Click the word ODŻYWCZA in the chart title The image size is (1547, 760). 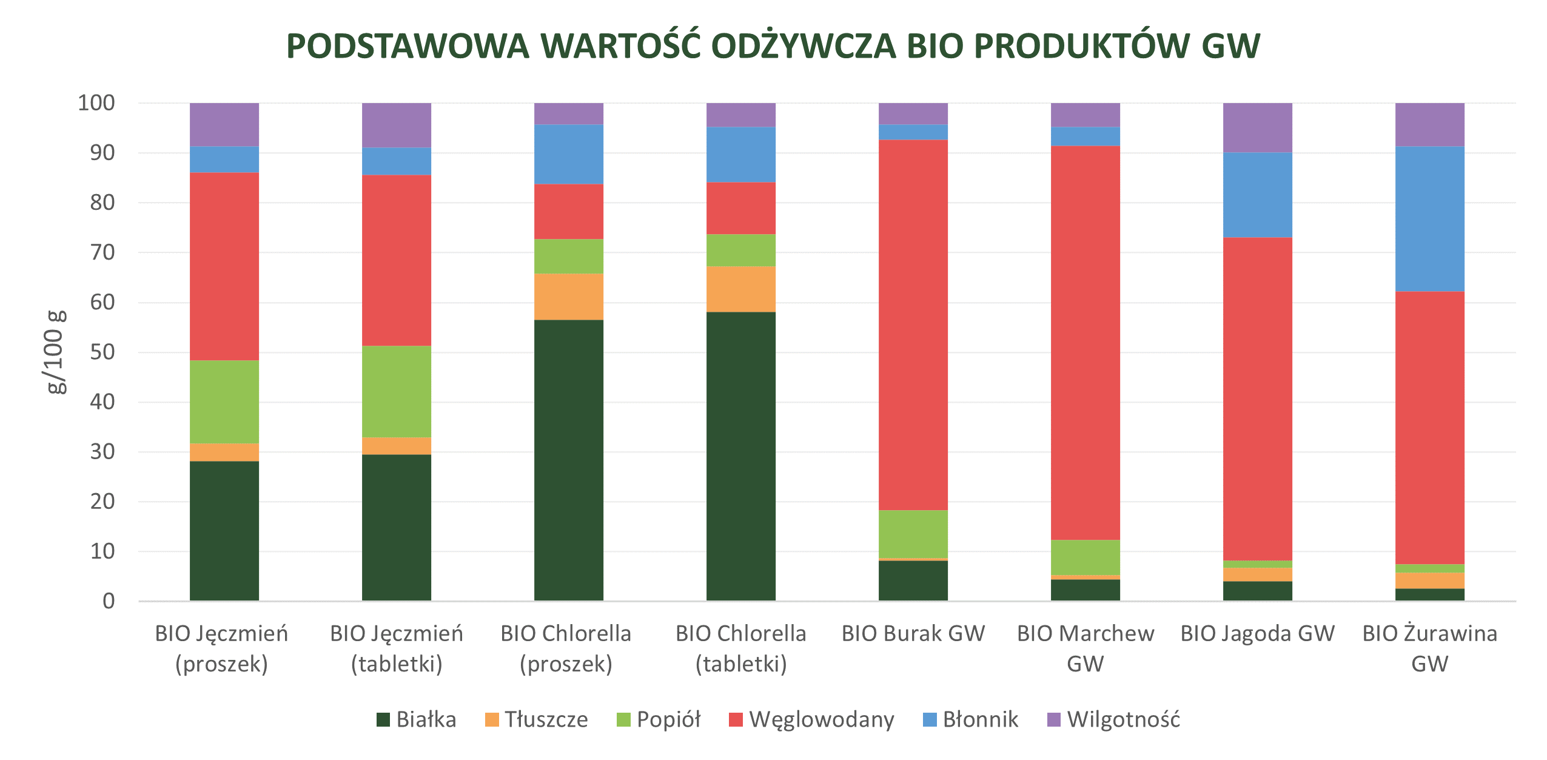803,47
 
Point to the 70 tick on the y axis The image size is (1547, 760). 102,252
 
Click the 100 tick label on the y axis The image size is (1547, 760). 96,103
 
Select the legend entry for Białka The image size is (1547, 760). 416,719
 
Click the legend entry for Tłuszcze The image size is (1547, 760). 537,719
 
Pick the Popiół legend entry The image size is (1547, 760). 659,719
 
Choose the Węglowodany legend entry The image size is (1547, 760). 811,719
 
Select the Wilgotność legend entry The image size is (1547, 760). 1113,719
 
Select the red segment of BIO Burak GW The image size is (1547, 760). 913,325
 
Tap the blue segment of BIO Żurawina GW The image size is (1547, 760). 1430,218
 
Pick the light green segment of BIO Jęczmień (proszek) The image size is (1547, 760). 224,402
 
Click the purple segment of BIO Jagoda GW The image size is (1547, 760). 1258,127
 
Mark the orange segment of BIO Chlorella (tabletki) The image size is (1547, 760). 741,289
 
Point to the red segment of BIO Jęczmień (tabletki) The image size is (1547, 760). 397,260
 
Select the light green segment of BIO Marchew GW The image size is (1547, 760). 1086,557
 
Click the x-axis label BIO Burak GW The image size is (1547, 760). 913,633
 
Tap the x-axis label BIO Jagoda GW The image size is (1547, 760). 1258,633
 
